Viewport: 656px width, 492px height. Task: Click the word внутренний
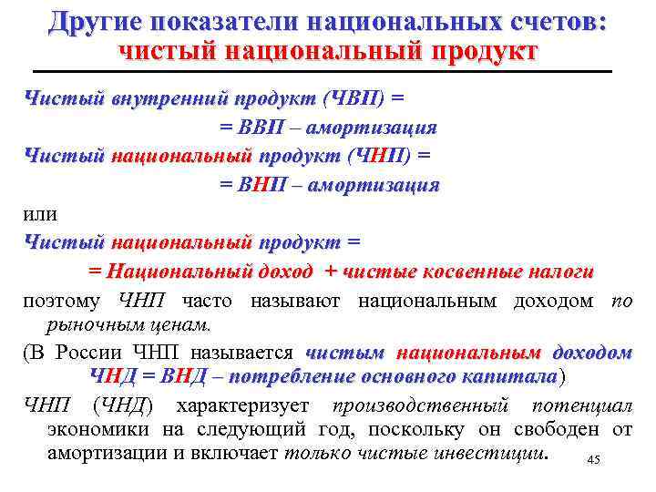tap(169, 98)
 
